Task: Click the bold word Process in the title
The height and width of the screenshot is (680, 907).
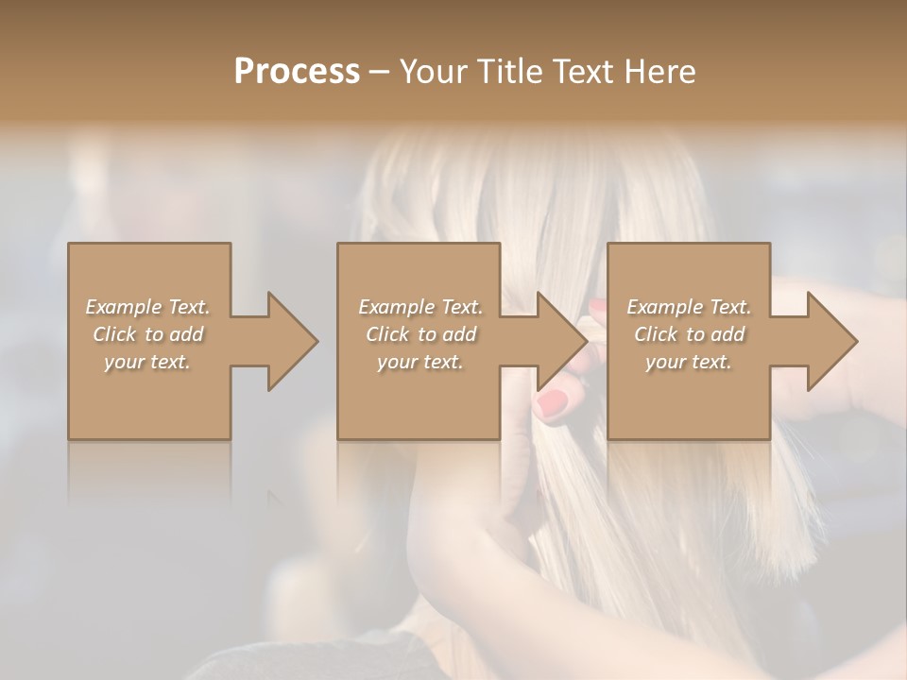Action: [x=297, y=71]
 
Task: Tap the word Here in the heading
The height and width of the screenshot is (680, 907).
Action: [x=661, y=71]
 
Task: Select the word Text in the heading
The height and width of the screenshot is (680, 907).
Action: [x=583, y=71]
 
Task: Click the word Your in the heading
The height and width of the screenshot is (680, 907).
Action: [x=432, y=71]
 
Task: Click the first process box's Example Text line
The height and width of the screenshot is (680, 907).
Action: [x=147, y=307]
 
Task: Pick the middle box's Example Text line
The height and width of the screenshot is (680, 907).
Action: [x=419, y=307]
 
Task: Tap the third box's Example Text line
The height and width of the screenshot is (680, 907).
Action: [x=688, y=307]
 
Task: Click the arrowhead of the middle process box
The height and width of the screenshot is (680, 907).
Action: [x=561, y=341]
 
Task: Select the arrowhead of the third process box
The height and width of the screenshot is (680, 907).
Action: [x=831, y=341]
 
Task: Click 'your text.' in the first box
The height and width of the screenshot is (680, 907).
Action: [x=147, y=362]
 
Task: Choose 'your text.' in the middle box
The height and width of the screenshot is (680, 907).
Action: [x=419, y=362]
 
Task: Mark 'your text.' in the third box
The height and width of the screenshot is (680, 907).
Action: [x=688, y=362]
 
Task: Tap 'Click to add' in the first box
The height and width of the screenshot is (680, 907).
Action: [x=147, y=334]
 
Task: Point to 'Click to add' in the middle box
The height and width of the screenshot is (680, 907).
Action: [x=419, y=334]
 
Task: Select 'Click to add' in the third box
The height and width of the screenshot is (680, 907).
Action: [x=688, y=334]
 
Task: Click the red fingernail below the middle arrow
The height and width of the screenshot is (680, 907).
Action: [x=552, y=404]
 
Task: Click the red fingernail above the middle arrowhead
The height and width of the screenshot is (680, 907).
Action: [x=597, y=307]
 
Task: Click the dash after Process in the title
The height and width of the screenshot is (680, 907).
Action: [x=379, y=72]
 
